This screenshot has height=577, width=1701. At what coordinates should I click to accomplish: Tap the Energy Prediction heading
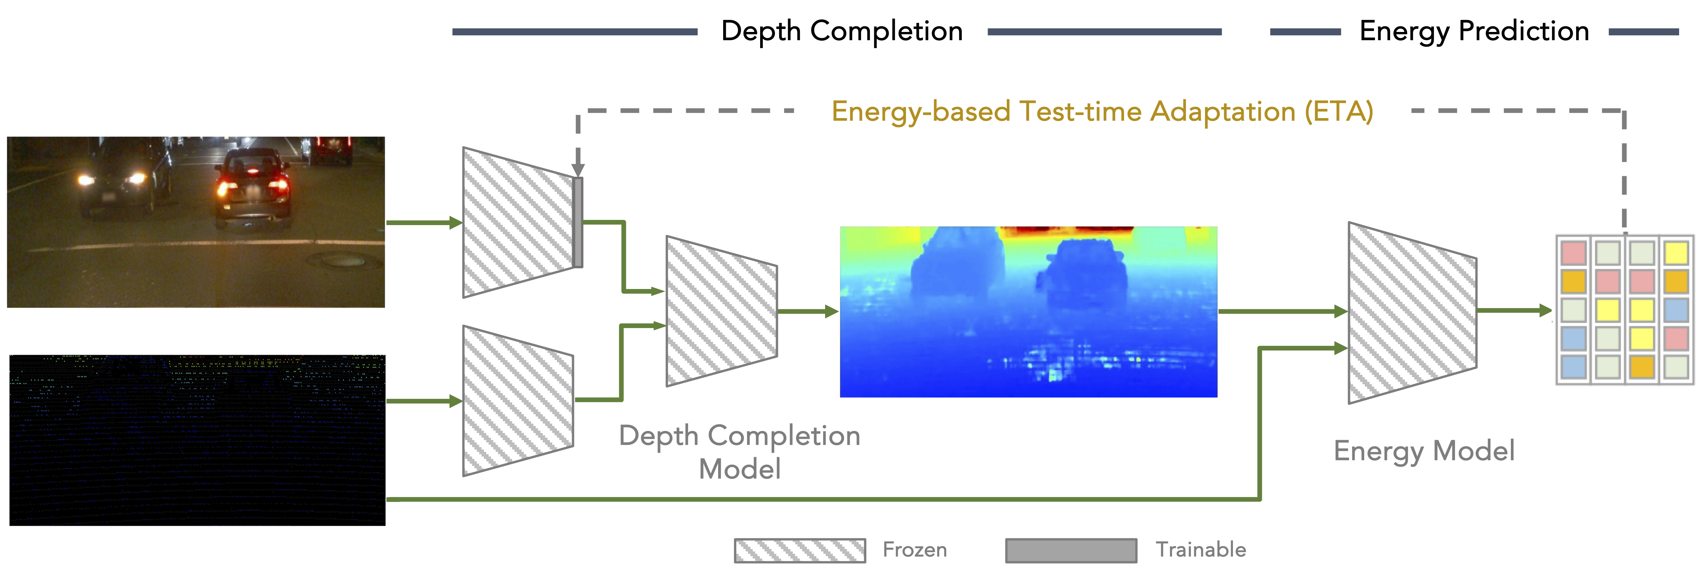tap(1474, 31)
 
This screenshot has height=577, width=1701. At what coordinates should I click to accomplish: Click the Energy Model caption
tap(1424, 451)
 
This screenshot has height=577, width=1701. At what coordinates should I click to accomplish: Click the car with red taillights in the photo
tap(253, 188)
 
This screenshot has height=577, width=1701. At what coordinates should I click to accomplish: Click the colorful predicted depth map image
tap(1028, 312)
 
